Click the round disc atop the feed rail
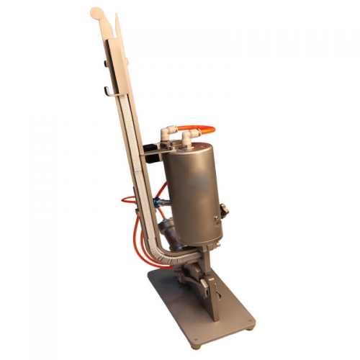(96, 12)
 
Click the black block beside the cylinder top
(150, 153)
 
